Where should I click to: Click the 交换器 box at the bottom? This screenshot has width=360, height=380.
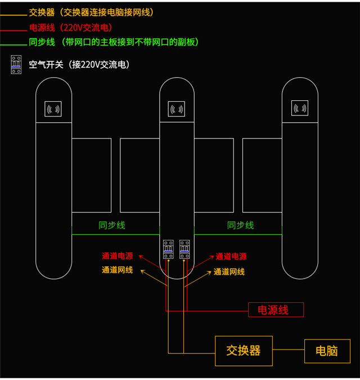tap(244, 351)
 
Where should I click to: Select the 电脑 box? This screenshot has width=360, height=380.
tap(327, 351)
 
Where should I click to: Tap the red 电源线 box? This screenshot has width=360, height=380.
tap(276, 310)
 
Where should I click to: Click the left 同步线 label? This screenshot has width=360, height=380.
tap(112, 225)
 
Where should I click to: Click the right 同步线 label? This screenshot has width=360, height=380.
tap(240, 225)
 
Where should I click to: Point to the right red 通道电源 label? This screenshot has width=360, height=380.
tap(231, 256)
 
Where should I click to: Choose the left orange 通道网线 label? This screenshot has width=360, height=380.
tap(117, 270)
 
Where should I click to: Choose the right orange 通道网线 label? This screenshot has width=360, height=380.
tap(229, 272)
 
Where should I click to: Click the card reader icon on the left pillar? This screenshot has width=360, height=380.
tap(53, 109)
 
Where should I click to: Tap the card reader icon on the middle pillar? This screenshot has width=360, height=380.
tap(177, 109)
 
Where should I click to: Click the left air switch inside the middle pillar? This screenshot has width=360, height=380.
tap(168, 250)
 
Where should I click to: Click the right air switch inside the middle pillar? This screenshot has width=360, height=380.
tap(184, 250)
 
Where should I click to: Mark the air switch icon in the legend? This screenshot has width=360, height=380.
tap(16, 65)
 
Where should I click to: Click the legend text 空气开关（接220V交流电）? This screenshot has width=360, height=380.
tap(79, 65)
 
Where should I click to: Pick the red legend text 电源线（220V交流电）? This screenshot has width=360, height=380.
tap(70, 28)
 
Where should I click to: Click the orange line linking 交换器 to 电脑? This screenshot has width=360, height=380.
tap(289, 351)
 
